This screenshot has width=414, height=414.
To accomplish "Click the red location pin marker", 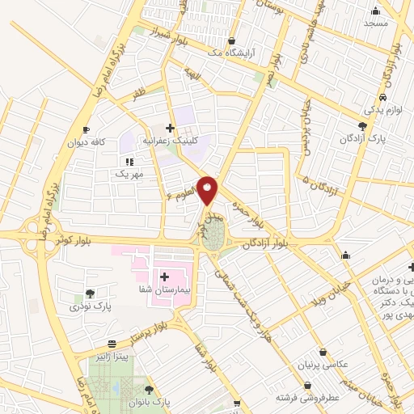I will pyautogui.click(x=209, y=189).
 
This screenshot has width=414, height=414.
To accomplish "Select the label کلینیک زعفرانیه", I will pyautogui.click(x=171, y=139).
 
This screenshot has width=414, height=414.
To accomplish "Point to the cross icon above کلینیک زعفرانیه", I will pyautogui.click(x=170, y=127).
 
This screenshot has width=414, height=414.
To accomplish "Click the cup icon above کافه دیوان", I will pyautogui.click(x=87, y=130).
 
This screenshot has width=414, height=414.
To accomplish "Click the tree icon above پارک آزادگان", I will pyautogui.click(x=362, y=126).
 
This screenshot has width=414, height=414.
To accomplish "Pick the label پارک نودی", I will pyautogui.click(x=88, y=306).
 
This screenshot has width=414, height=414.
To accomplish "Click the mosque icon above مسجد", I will pyautogui.click(x=376, y=11).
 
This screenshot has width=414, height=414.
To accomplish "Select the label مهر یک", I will pyautogui.click(x=129, y=174).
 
